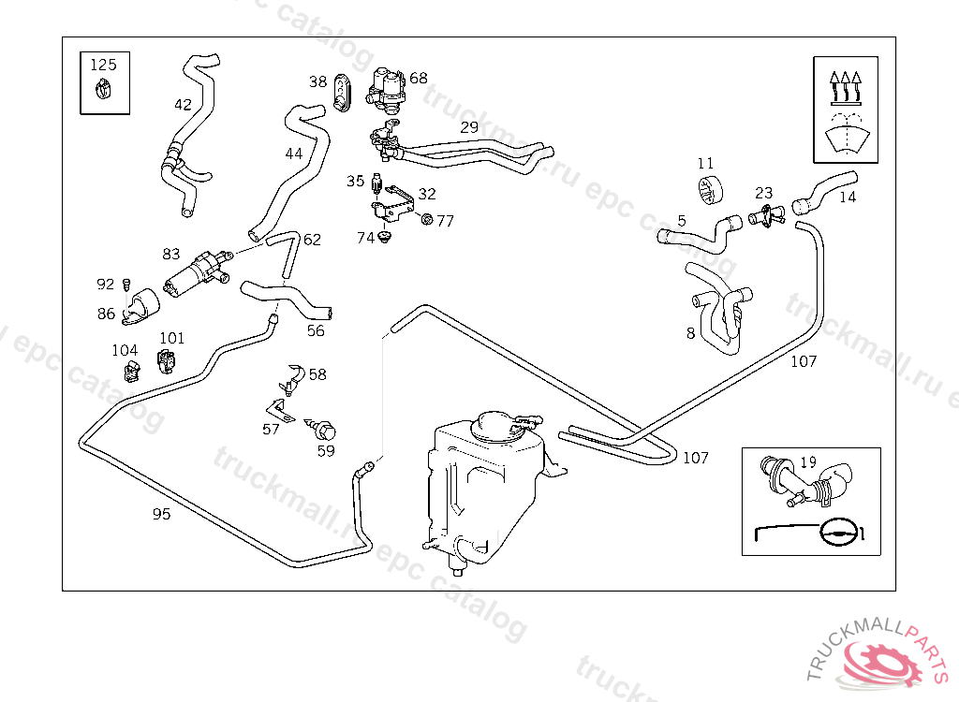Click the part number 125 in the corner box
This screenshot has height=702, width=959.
104,65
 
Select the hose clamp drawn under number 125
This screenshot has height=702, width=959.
104,91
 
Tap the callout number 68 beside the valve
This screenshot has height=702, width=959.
418,79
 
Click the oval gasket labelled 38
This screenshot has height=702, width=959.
342,90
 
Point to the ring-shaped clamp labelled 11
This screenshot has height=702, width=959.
709,188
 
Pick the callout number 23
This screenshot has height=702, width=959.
764,194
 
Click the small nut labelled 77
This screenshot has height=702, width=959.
427,220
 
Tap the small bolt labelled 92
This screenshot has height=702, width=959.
126,283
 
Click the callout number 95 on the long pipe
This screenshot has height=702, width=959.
161,514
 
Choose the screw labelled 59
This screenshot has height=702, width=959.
324,431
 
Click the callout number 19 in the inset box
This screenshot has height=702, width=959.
808,461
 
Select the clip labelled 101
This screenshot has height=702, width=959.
170,359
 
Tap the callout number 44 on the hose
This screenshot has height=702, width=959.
294,154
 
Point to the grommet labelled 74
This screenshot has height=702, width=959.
385,240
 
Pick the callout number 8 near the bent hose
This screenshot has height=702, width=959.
691,332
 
